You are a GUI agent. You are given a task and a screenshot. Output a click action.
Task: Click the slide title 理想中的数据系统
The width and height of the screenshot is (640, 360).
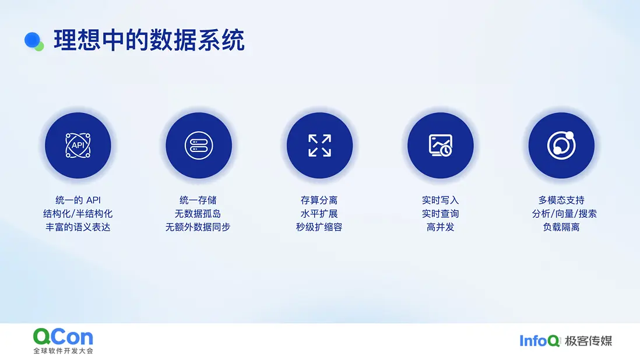[149, 40]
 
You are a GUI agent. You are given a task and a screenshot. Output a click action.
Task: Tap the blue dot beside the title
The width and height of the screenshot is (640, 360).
[32, 40]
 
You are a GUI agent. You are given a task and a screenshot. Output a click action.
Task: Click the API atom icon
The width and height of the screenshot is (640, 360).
[78, 145]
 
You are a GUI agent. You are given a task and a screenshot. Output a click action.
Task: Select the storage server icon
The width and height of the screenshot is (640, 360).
[199, 145]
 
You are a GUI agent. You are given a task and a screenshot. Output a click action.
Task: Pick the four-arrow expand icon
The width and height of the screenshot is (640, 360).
[319, 146]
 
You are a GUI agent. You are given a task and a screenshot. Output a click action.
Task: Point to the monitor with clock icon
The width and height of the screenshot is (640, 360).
[441, 145]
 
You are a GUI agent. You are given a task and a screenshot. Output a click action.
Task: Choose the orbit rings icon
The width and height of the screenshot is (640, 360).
[561, 145]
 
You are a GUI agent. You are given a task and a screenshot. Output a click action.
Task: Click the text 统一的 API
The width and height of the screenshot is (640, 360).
[78, 200]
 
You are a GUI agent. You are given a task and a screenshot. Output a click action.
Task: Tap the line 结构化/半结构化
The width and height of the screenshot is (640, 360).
[78, 214]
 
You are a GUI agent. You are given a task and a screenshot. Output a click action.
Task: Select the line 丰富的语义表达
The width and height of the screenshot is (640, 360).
[78, 227]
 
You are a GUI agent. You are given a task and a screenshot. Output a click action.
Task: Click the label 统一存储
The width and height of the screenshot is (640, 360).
[198, 200]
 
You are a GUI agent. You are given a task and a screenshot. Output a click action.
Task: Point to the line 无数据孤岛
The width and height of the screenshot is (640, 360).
[198, 214]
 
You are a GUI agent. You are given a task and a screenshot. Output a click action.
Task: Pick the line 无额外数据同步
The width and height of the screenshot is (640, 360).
[198, 227]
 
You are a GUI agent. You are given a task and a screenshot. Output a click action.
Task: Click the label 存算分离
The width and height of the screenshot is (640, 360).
[319, 200]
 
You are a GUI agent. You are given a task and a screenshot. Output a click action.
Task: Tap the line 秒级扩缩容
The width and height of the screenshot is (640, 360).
[319, 227]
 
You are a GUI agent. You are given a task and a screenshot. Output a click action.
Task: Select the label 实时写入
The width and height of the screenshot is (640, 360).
[441, 200]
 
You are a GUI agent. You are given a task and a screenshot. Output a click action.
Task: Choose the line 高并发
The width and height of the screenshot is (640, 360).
[441, 227]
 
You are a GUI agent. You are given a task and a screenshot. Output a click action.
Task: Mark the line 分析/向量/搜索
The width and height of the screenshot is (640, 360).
[564, 214]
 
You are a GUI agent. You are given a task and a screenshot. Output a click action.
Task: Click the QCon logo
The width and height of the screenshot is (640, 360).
[64, 341]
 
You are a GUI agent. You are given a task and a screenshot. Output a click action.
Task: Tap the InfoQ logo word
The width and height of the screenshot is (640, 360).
[539, 340]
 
